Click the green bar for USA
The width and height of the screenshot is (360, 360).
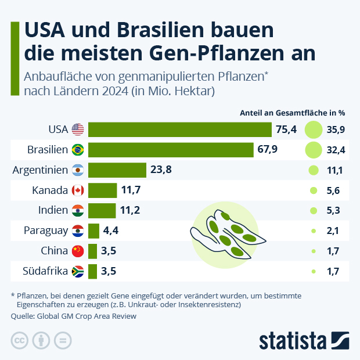pyautogui.click(x=179, y=129)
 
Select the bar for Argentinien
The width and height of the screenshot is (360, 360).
pyautogui.click(x=117, y=170)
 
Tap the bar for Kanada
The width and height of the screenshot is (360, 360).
pyautogui.click(x=102, y=190)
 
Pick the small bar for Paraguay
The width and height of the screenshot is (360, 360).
pyautogui.click(x=93, y=231)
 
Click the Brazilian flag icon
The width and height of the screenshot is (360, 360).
pyautogui.click(x=77, y=150)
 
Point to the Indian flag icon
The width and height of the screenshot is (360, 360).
pyautogui.click(x=77, y=210)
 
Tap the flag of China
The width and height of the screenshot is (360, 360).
pyautogui.click(x=77, y=251)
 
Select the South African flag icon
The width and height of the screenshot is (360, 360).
pyautogui.click(x=77, y=271)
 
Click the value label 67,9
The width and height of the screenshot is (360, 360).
pyautogui.click(x=267, y=150)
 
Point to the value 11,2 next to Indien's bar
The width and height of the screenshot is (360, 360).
pyautogui.click(x=130, y=210)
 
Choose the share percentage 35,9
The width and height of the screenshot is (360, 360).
pyautogui.click(x=336, y=129)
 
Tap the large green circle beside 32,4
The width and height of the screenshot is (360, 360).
pyautogui.click(x=314, y=150)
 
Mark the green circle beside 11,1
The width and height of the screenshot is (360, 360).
pyautogui.click(x=314, y=170)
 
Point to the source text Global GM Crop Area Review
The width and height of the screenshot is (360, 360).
pyautogui.click(x=87, y=316)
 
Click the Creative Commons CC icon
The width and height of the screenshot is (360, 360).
pyautogui.click(x=20, y=340)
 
